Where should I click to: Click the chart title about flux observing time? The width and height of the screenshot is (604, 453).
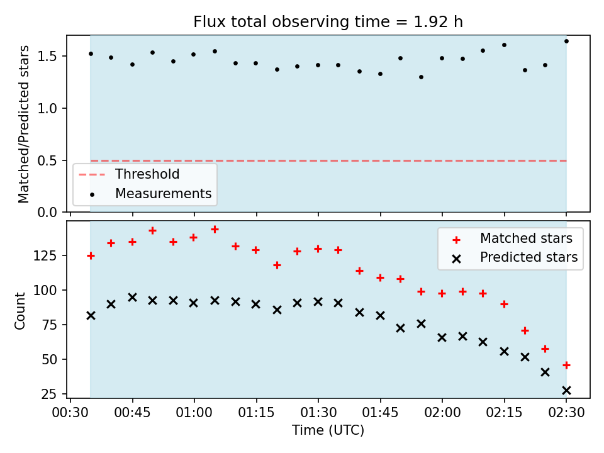pos(328,21)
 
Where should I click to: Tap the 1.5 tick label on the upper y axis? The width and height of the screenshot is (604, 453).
pos(47,56)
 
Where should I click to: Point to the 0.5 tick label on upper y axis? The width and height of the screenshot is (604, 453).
pos(47,160)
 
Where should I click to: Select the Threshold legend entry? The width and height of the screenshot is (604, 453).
pos(129,174)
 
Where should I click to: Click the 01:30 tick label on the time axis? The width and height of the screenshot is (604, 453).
pos(318,413)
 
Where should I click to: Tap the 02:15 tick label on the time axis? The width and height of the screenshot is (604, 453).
pos(504,413)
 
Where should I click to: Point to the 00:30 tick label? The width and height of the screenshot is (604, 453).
pos(70,413)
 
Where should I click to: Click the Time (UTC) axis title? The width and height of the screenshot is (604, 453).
pos(328,430)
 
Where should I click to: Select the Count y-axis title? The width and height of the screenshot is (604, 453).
pos(20,310)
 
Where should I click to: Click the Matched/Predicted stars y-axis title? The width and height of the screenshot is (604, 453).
pos(23,124)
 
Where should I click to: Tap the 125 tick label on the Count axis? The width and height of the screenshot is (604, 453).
pos(45,256)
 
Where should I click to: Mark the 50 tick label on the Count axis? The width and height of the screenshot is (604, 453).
pos(49,360)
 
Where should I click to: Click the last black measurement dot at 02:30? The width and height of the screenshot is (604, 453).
pos(566,42)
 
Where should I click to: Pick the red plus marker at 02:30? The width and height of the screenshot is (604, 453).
pos(566,365)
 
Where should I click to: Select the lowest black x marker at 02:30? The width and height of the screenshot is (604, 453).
pos(566,391)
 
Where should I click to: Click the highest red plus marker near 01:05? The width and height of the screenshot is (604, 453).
pos(215,230)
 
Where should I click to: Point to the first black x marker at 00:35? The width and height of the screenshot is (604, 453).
pos(91,315)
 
